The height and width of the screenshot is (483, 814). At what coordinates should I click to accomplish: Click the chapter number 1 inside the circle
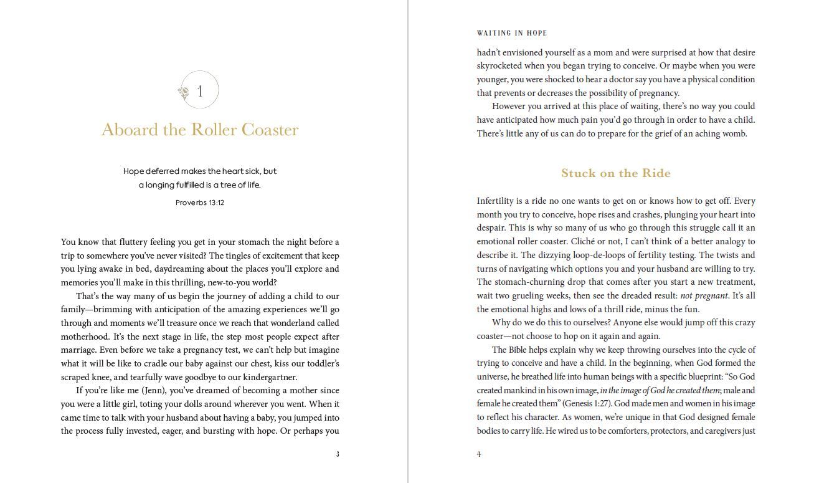pos(200,92)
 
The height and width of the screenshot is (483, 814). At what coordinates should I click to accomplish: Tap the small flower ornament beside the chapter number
pos(184,93)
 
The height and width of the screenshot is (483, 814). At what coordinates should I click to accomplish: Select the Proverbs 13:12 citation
pos(200,203)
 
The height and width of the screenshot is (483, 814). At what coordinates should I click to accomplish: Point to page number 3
pos(338,454)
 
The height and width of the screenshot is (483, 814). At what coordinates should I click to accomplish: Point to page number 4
pos(479,454)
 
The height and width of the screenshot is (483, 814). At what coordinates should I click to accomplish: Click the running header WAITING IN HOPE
pos(512,33)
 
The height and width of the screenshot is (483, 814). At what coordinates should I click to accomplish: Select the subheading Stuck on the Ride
pos(615,173)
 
